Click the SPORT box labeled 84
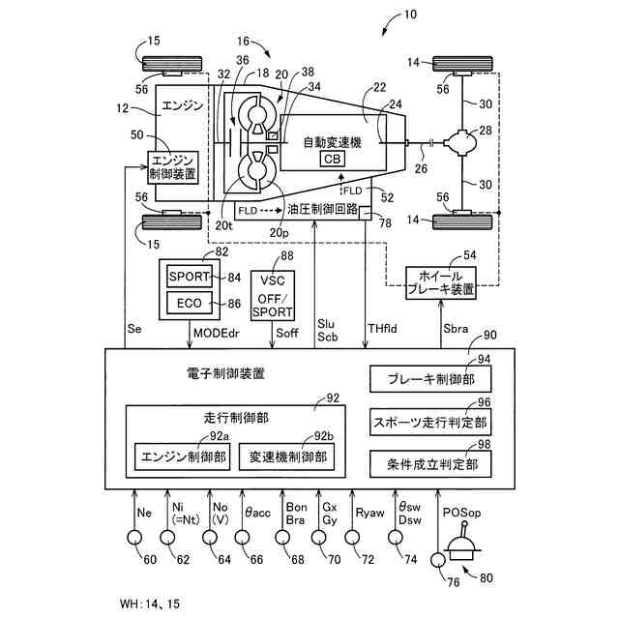point(190,276)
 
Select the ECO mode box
point(190,303)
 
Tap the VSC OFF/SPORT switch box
point(273,295)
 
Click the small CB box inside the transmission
point(332,159)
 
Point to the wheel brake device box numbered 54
point(441,282)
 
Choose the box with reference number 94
point(430,379)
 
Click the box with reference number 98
point(430,464)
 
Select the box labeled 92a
point(183,457)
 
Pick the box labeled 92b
point(286,457)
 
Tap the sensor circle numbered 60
point(134,538)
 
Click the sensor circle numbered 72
point(352,538)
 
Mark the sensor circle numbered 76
point(438,560)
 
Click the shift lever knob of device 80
point(464,524)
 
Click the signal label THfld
point(382,329)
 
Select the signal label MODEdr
point(217,333)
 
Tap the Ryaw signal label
point(369,513)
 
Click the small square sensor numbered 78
point(366,214)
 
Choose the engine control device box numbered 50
point(173,167)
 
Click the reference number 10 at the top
point(410,15)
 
